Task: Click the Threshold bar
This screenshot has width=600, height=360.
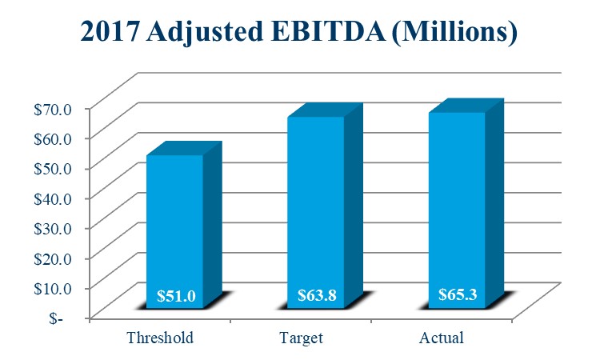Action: click(174, 232)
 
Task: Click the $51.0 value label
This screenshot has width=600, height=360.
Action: click(174, 296)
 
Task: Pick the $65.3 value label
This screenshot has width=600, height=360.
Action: click(458, 294)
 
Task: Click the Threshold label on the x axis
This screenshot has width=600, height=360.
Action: click(160, 338)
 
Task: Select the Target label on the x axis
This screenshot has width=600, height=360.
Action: click(302, 338)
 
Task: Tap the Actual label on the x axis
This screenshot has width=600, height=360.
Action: click(442, 338)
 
